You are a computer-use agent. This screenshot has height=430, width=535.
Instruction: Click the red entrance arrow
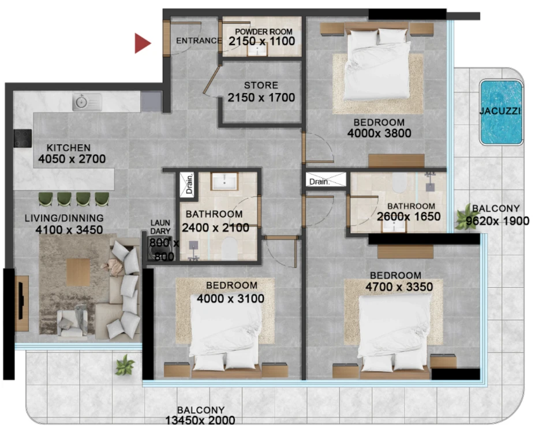point(141,43)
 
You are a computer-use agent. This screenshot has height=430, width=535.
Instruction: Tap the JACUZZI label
point(500,111)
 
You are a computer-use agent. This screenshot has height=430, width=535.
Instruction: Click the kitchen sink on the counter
point(87,102)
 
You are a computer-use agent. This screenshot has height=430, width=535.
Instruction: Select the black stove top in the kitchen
point(23,138)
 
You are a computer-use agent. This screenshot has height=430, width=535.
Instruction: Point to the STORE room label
point(261,85)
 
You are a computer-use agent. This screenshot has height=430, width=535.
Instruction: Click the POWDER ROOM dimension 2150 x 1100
point(261,42)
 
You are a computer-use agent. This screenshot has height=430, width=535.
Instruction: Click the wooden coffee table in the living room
point(78,272)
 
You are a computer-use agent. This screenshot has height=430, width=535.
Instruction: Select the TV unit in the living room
point(21,304)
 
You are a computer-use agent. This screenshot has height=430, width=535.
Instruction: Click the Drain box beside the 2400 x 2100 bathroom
point(187,184)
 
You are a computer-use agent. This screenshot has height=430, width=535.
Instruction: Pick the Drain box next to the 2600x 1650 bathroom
point(326,180)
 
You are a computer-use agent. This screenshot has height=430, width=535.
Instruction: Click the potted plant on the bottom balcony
point(125,365)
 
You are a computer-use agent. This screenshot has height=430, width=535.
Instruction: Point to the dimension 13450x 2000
point(200,420)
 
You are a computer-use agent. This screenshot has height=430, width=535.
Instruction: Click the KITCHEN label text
point(69,148)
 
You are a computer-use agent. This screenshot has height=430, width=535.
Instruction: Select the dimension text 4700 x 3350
point(399,287)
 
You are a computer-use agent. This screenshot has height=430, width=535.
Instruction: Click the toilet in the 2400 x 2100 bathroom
point(229,249)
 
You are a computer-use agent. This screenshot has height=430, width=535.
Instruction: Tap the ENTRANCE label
point(199,40)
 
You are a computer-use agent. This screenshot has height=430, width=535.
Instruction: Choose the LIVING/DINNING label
point(64,218)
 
